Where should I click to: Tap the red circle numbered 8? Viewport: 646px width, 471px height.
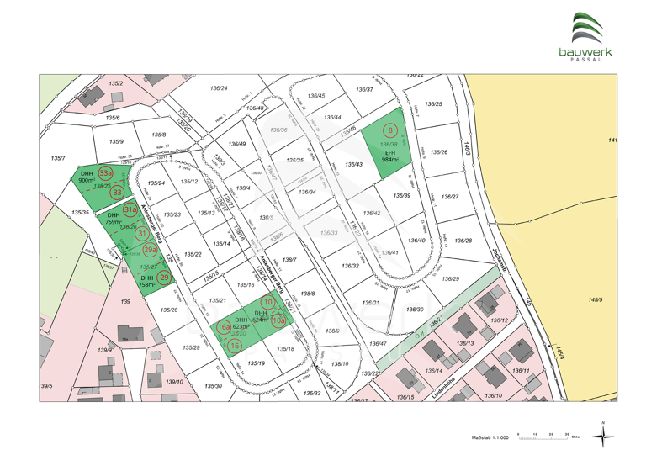[390, 130]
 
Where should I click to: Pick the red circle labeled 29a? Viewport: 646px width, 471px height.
[150, 250]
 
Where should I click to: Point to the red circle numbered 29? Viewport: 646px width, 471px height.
[165, 278]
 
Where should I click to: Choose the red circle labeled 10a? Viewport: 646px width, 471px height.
[278, 320]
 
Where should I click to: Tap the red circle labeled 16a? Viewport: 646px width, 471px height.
[224, 327]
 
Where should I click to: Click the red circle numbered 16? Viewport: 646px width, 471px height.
[235, 345]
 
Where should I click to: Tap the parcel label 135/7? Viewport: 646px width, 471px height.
[57, 158]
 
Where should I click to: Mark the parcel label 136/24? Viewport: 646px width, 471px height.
[219, 88]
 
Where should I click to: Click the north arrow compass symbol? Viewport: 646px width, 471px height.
[602, 434]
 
